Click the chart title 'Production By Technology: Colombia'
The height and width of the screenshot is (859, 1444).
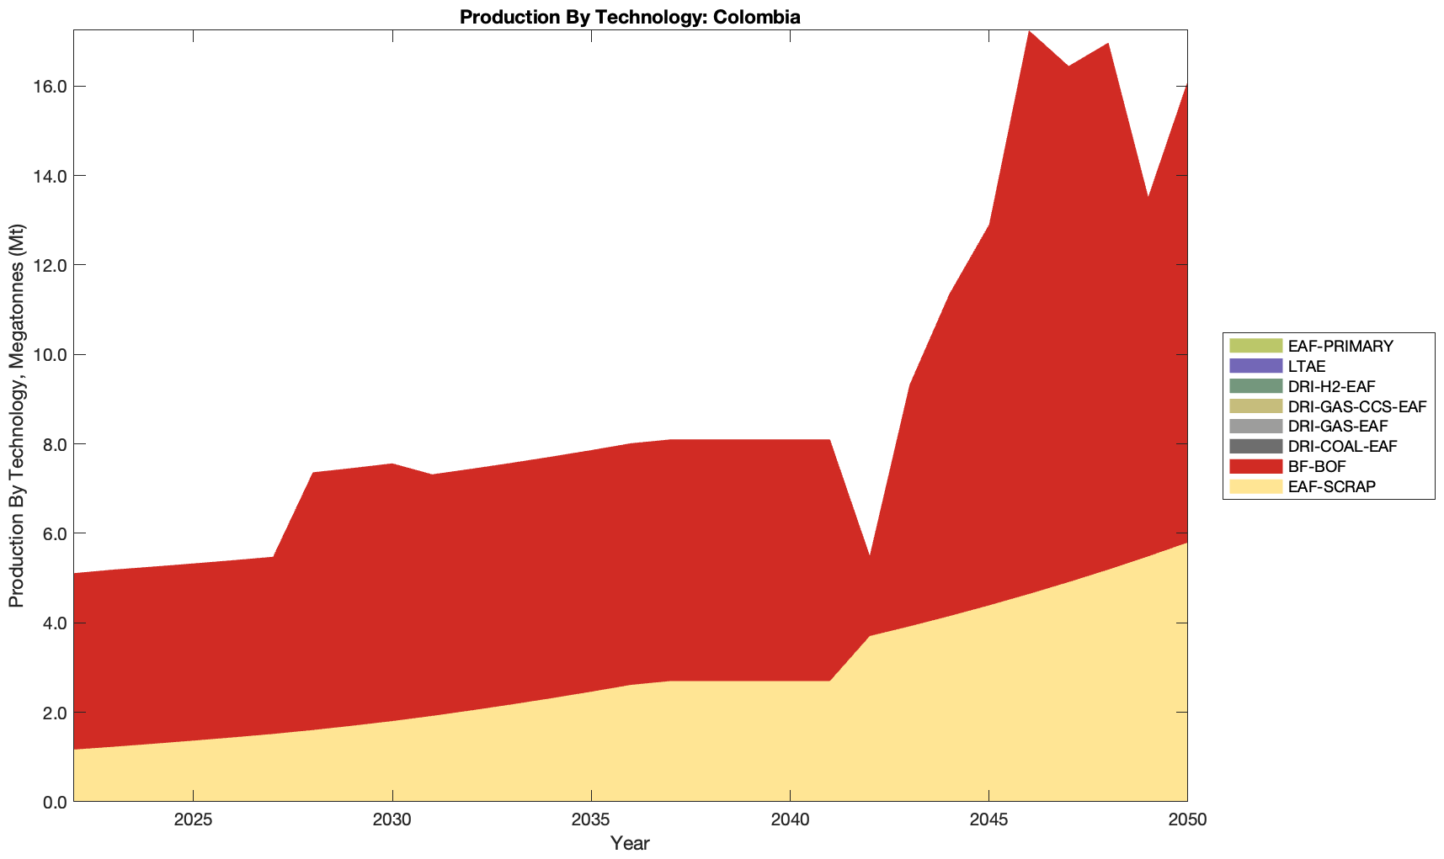point(630,16)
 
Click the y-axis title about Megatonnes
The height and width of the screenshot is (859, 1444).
point(16,416)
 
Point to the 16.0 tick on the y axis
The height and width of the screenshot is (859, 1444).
point(51,87)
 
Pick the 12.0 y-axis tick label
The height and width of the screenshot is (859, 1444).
point(51,265)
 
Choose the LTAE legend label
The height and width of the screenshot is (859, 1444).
point(1307,366)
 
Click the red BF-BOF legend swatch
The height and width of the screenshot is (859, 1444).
point(1255,466)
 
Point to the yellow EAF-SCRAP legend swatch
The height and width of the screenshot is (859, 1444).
point(1255,486)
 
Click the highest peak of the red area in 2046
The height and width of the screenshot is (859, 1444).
point(1029,32)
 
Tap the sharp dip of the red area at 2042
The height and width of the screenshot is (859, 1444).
point(869,556)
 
